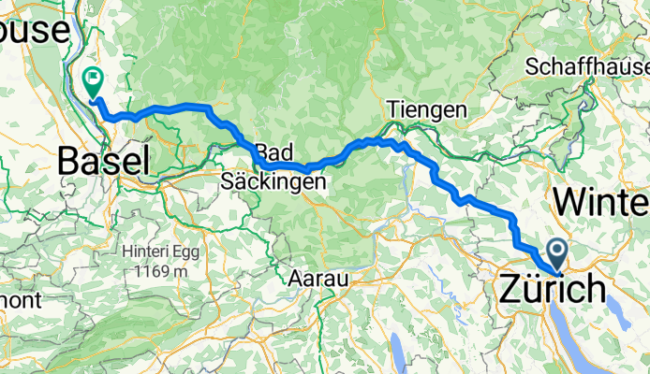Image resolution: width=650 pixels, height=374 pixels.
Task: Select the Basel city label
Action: pyautogui.click(x=103, y=161)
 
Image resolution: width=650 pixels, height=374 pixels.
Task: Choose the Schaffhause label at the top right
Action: pyautogui.click(x=586, y=67)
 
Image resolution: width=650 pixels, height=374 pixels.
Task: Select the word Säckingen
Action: pyautogui.click(x=273, y=180)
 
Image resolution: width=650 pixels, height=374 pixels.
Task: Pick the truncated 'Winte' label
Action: pyautogui.click(x=601, y=201)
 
